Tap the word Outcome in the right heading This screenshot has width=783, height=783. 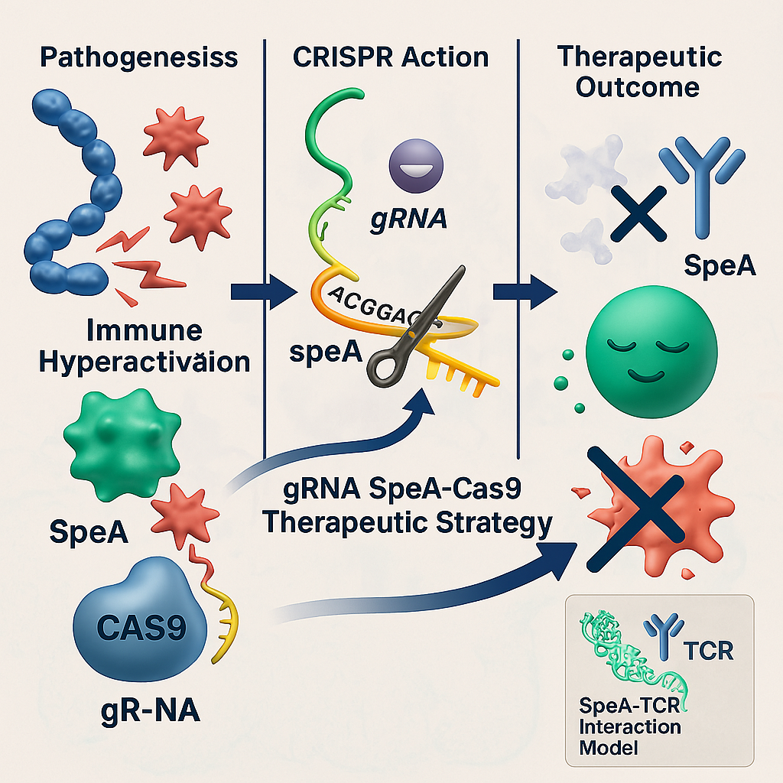tap(637, 86)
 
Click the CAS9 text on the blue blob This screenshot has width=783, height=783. tap(143, 631)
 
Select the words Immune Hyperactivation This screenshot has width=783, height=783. tap(144, 346)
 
